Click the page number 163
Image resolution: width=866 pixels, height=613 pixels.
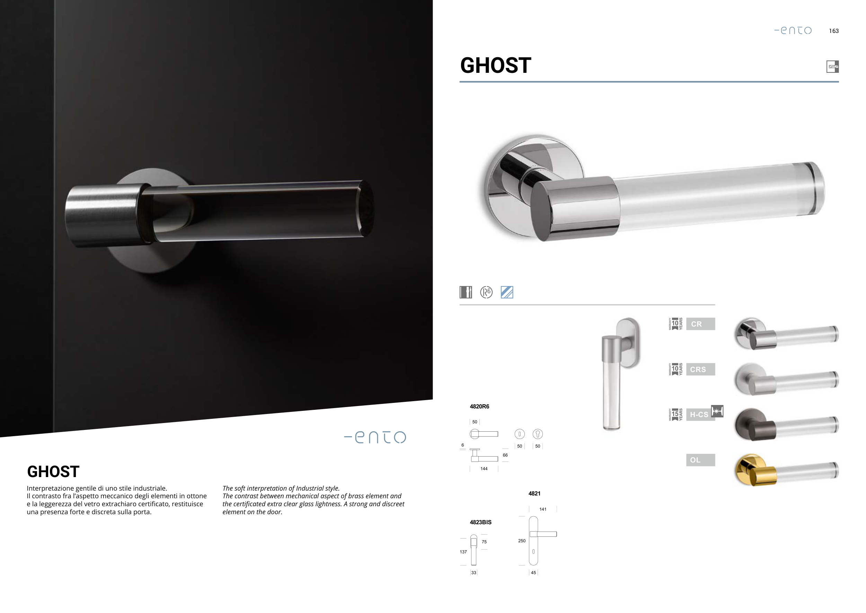833,31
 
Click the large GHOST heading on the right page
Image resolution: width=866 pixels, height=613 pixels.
496,65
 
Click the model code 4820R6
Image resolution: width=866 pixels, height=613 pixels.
479,406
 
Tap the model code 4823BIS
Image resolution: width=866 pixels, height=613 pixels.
480,523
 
